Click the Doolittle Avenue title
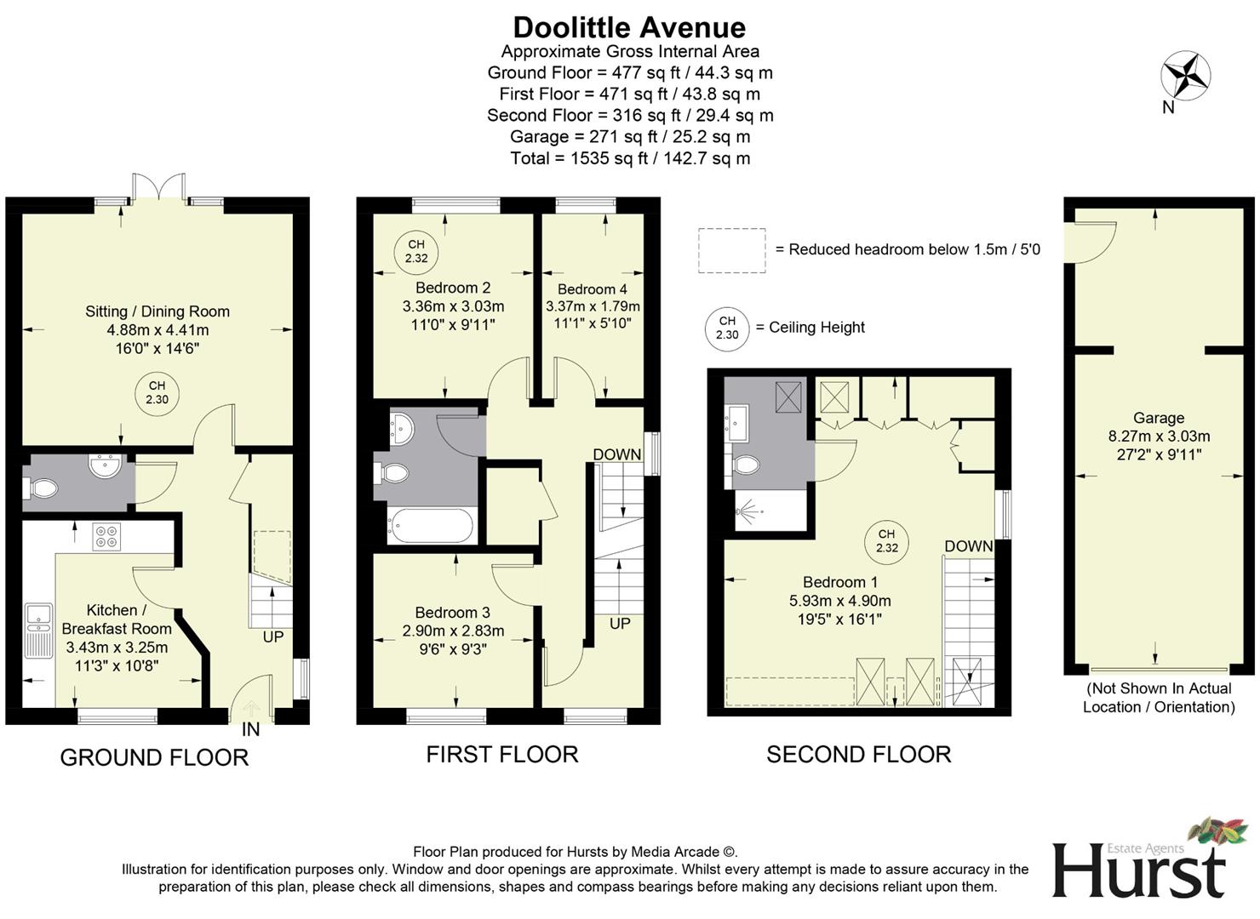click(629, 27)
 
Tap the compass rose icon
click(1185, 75)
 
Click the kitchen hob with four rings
click(106, 536)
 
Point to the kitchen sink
click(38, 630)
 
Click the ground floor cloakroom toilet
click(43, 488)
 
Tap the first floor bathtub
click(431, 526)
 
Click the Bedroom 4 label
click(593, 289)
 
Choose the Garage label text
click(1158, 418)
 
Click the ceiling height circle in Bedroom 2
click(416, 252)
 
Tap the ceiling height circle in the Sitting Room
click(157, 393)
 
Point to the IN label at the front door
click(250, 729)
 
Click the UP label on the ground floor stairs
click(272, 636)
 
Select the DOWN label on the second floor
click(968, 546)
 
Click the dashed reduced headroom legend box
click(731, 250)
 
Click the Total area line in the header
click(629, 158)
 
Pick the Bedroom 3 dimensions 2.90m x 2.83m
click(453, 631)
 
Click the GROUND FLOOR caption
click(154, 757)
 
